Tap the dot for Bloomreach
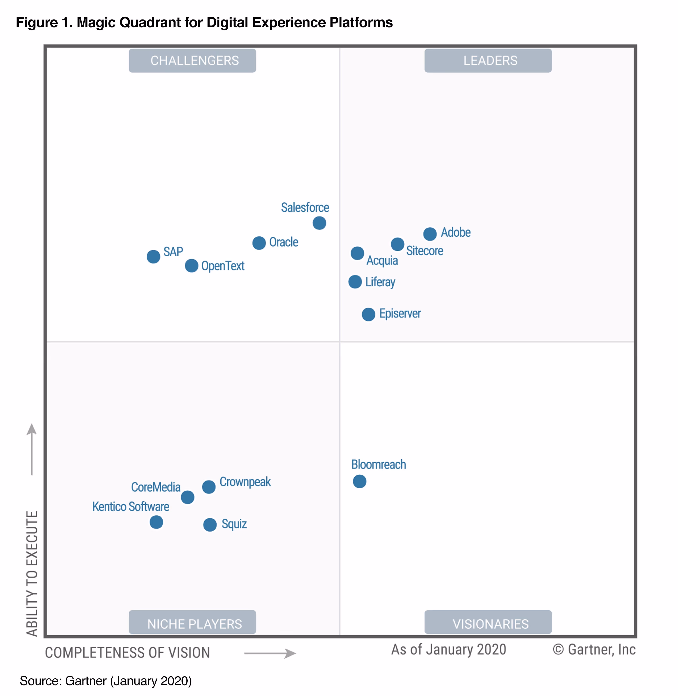[x=360, y=481]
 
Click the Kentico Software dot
[x=156, y=522]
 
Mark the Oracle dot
[x=259, y=243]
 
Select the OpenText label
[x=223, y=266]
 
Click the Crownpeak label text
[x=245, y=482]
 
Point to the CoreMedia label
[x=156, y=487]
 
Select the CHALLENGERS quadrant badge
[x=192, y=61]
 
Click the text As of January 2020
[x=449, y=649]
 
